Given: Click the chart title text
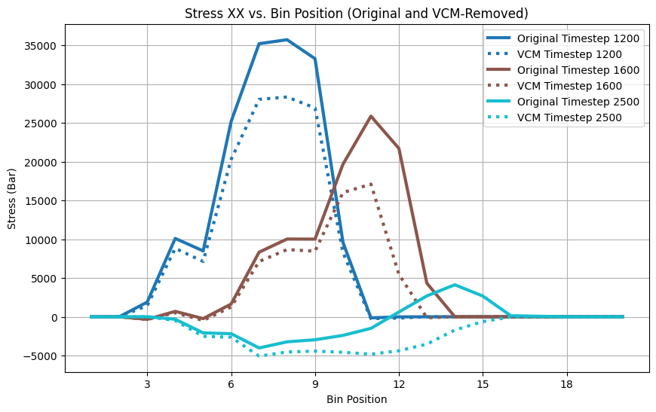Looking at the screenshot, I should click(357, 13).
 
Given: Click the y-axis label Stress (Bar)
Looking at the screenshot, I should click(13, 198).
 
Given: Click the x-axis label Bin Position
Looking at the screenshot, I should click(357, 399).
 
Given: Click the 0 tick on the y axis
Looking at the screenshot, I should click(54, 317).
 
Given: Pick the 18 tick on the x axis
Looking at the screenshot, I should click(567, 383).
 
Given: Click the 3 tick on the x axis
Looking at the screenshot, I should click(147, 383).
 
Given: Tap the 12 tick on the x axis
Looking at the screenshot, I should click(399, 383).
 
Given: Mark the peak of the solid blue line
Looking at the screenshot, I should click(287, 40).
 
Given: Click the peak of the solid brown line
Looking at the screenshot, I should click(371, 116).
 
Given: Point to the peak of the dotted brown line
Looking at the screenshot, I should click(371, 183).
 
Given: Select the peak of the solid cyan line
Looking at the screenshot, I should click(455, 285).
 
